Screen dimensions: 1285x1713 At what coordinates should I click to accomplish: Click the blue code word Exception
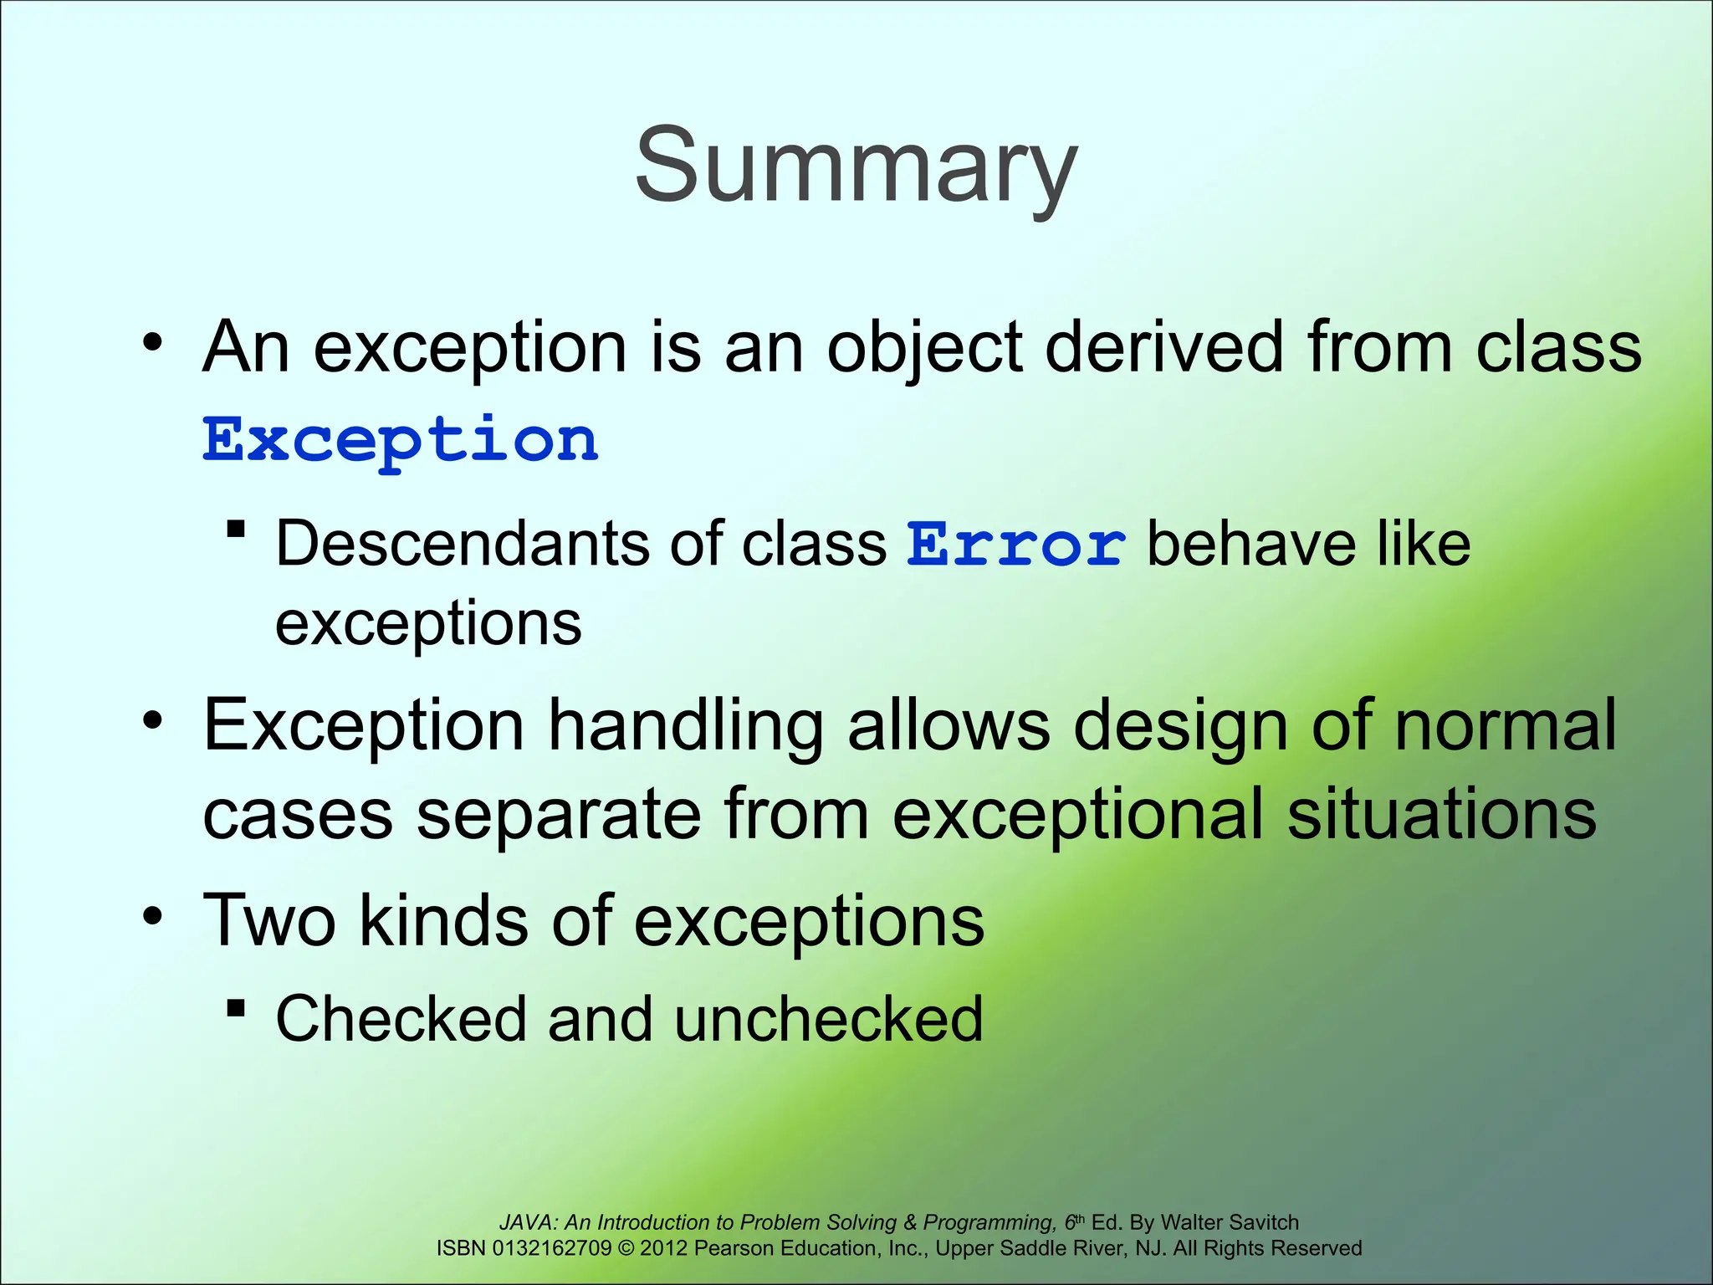[401, 439]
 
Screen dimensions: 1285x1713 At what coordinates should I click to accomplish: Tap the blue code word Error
[1016, 545]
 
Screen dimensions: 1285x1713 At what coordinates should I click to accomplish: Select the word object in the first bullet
[924, 347]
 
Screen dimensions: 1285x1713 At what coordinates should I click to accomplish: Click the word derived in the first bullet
[1163, 347]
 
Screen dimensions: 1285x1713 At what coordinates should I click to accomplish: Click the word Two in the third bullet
[268, 920]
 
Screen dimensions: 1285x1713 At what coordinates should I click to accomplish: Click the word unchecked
[828, 1019]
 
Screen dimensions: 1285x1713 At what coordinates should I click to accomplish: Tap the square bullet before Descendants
[236, 530]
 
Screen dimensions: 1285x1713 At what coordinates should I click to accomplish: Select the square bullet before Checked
[236, 1009]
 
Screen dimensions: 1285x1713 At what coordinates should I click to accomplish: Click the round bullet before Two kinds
[152, 916]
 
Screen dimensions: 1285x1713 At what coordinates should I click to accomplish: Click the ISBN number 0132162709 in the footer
[552, 1248]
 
